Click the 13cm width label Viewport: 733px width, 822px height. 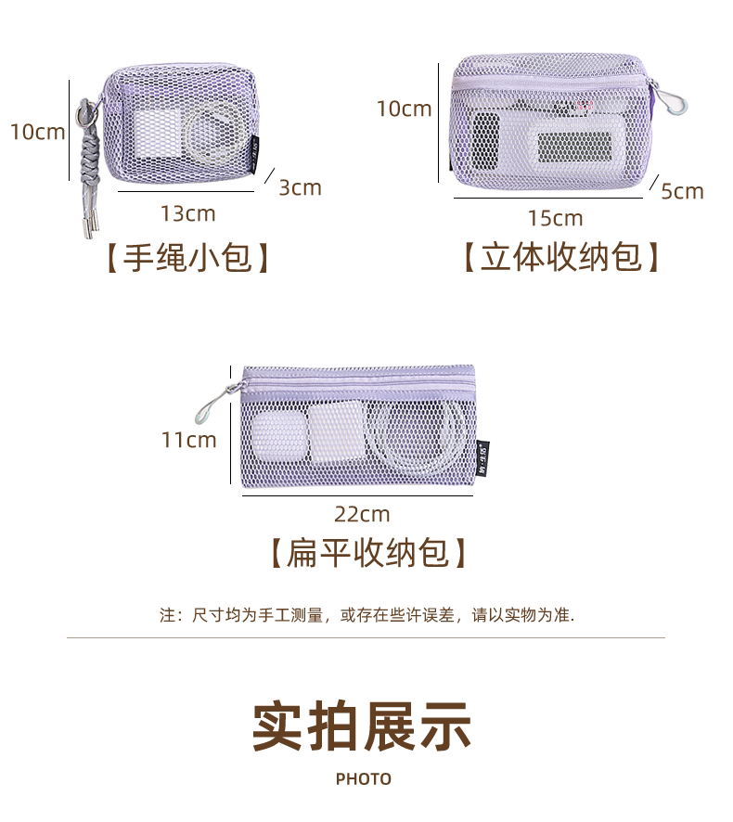pyautogui.click(x=187, y=213)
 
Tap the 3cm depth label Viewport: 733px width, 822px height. pyautogui.click(x=300, y=187)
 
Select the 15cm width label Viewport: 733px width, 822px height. pyautogui.click(x=555, y=218)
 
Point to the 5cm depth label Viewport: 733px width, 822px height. pyautogui.click(x=682, y=191)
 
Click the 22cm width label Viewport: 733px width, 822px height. pyautogui.click(x=362, y=513)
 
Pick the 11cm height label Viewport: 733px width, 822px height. pyautogui.click(x=188, y=439)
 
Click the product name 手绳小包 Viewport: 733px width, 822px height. pyautogui.click(x=187, y=257)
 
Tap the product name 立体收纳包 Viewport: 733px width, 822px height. pyautogui.click(x=561, y=257)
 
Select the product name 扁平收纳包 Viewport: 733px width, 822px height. pyautogui.click(x=367, y=554)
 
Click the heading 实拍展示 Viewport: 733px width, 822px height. pyautogui.click(x=362, y=726)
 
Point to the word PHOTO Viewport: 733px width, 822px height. pyautogui.click(x=364, y=779)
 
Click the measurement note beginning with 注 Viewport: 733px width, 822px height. pyautogui.click(x=366, y=614)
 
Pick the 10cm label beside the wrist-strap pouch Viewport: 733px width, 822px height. pyautogui.click(x=37, y=131)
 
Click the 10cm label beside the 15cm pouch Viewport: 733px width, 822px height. pyautogui.click(x=404, y=109)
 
